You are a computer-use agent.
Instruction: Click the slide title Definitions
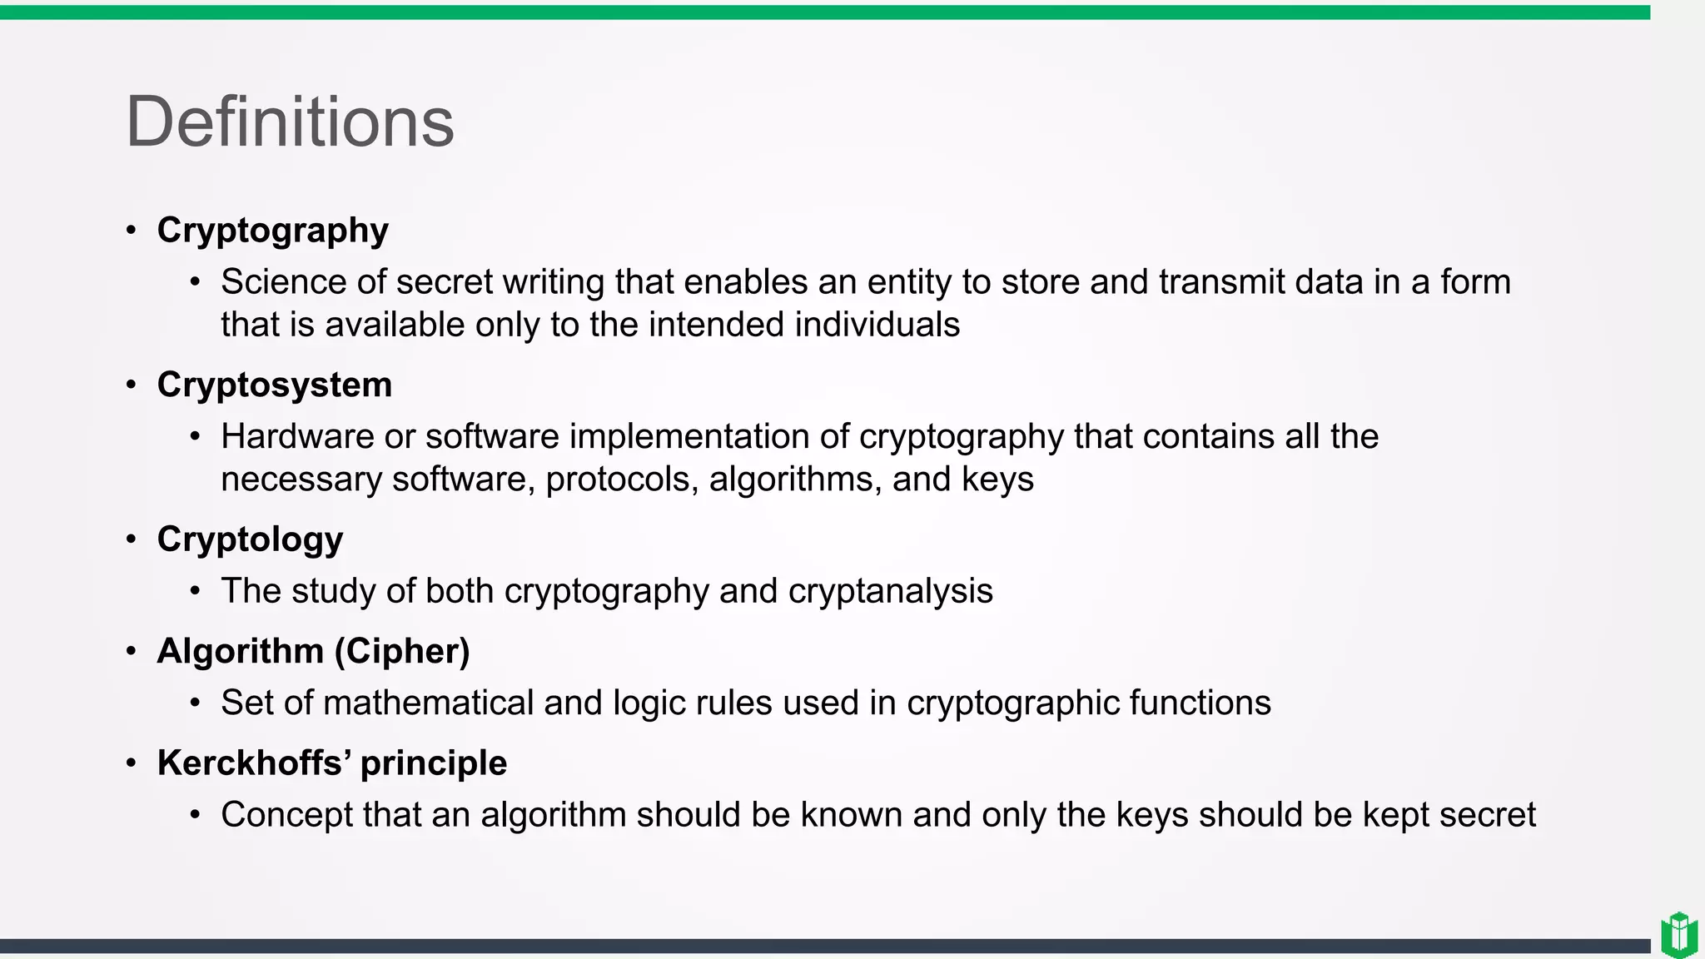pos(290,122)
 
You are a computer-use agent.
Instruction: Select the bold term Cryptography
pos(272,231)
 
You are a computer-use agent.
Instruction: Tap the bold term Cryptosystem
pos(274,385)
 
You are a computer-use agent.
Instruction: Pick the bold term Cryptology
pos(250,539)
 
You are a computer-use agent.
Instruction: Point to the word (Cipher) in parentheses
pos(402,651)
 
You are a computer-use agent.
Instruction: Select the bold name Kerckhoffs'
pos(254,763)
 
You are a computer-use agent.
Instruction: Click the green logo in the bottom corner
pos(1678,935)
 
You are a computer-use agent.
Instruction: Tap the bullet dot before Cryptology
pos(132,539)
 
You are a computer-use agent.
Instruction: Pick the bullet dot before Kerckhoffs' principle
pos(132,763)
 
